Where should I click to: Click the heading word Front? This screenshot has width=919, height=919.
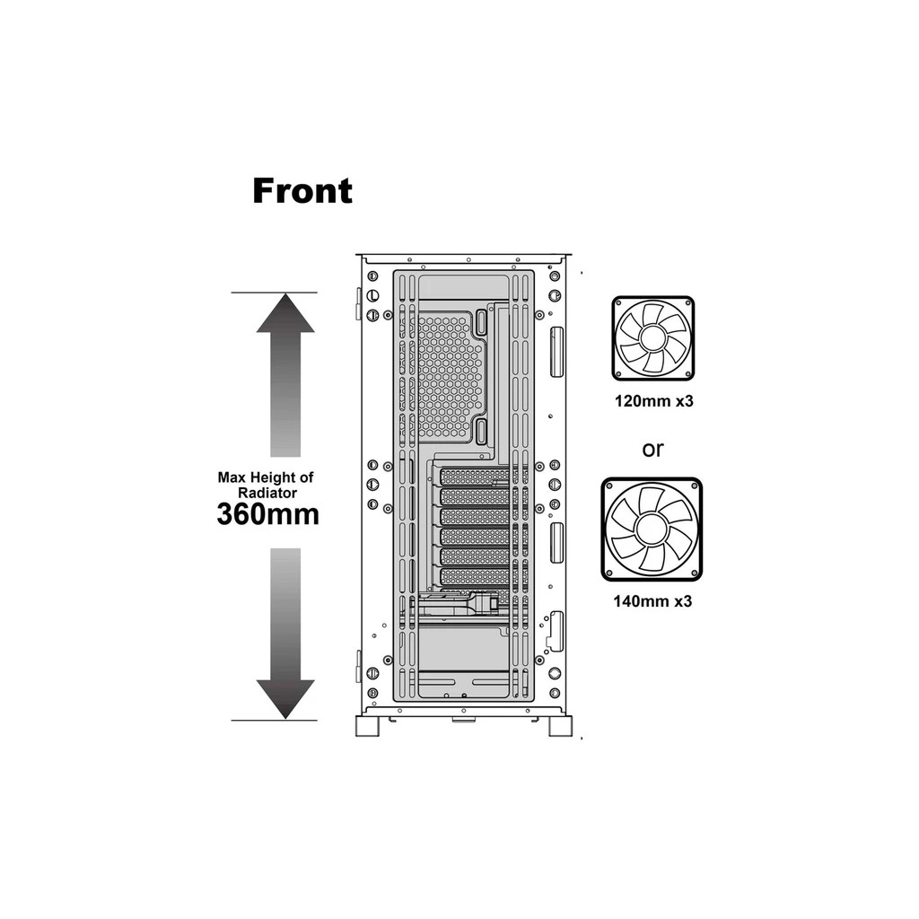click(302, 191)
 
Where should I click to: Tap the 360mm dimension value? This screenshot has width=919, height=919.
click(267, 514)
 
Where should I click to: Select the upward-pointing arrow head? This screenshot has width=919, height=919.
click(285, 313)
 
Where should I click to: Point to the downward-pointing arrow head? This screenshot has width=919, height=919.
click(285, 699)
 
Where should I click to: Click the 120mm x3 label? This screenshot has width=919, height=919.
click(653, 401)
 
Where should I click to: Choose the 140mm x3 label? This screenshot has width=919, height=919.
click(652, 601)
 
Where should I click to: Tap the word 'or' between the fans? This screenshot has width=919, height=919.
click(653, 450)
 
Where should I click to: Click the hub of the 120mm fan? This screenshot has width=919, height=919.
click(653, 337)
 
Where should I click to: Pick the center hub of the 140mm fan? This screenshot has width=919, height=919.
click(652, 528)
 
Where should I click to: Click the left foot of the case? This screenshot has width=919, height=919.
click(367, 725)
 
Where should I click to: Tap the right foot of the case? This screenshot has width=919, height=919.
click(560, 725)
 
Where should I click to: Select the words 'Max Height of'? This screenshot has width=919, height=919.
click(266, 477)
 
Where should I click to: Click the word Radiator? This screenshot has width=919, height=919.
click(267, 493)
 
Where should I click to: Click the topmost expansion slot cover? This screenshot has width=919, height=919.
click(476, 477)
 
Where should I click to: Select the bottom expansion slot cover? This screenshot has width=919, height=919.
click(476, 576)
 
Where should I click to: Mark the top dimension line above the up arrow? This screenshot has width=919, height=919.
click(274, 292)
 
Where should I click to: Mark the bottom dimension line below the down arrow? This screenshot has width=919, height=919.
click(274, 721)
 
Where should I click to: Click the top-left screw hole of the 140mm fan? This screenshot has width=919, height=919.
click(610, 487)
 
